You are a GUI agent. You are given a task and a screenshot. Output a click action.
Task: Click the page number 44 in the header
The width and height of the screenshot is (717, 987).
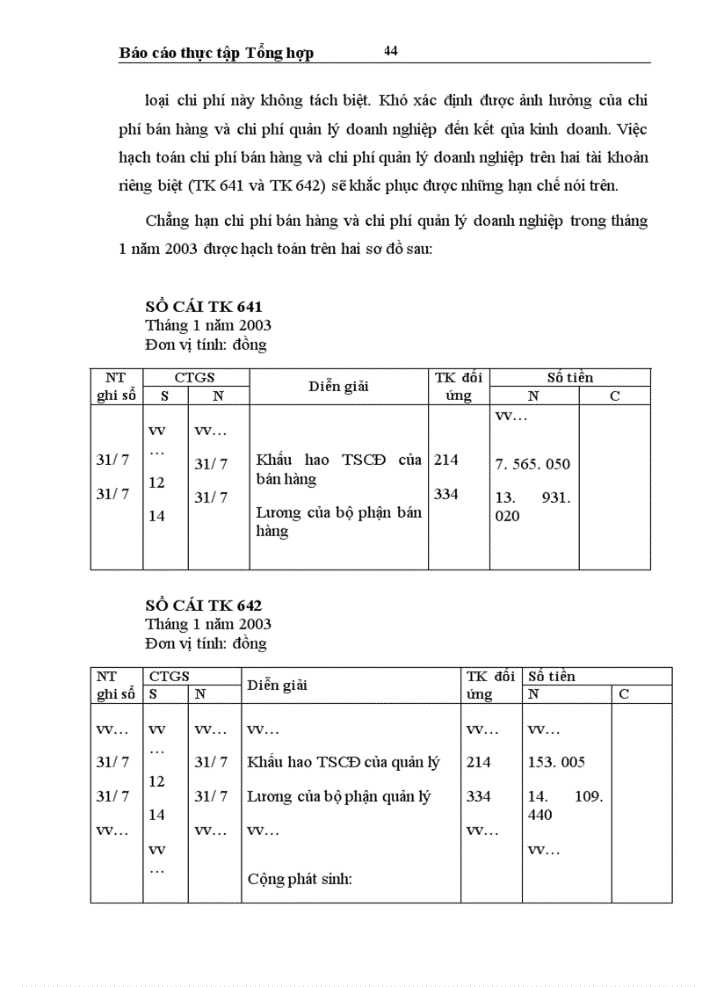(x=391, y=51)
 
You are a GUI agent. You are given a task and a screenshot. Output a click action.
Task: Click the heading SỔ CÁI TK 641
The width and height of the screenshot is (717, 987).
(x=204, y=307)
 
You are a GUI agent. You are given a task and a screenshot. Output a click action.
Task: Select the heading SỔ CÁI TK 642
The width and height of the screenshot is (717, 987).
(x=204, y=606)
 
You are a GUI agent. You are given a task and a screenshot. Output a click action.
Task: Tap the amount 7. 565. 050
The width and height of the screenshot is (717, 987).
(x=532, y=464)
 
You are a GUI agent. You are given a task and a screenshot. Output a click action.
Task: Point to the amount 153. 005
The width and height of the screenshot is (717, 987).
(x=556, y=762)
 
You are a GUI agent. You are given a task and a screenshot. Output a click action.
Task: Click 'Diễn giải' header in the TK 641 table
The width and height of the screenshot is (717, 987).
(x=338, y=387)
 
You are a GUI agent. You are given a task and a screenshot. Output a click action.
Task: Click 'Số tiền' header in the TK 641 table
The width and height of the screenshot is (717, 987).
(x=569, y=377)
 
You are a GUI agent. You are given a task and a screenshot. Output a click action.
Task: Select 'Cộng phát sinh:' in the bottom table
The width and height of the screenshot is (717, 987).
(x=300, y=878)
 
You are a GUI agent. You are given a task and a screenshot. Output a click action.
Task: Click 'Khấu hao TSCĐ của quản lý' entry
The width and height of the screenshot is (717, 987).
(x=344, y=762)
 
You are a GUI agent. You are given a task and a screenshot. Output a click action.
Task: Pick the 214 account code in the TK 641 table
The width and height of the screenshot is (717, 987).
(x=446, y=460)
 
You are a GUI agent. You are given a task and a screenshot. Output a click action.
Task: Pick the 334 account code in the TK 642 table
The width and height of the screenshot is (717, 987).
(x=479, y=796)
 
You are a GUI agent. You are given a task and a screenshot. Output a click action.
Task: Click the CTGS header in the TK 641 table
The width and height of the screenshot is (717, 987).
(x=194, y=377)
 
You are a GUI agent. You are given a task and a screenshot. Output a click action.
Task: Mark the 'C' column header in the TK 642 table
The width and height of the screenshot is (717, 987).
(x=624, y=693)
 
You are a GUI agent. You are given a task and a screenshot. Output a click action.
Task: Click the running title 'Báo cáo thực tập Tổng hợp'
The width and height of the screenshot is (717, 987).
(x=216, y=53)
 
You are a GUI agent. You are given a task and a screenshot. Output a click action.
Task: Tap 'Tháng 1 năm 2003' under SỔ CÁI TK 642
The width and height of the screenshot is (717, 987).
(x=208, y=624)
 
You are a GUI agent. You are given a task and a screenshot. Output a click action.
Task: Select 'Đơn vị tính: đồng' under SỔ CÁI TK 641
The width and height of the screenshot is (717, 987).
(x=206, y=345)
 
